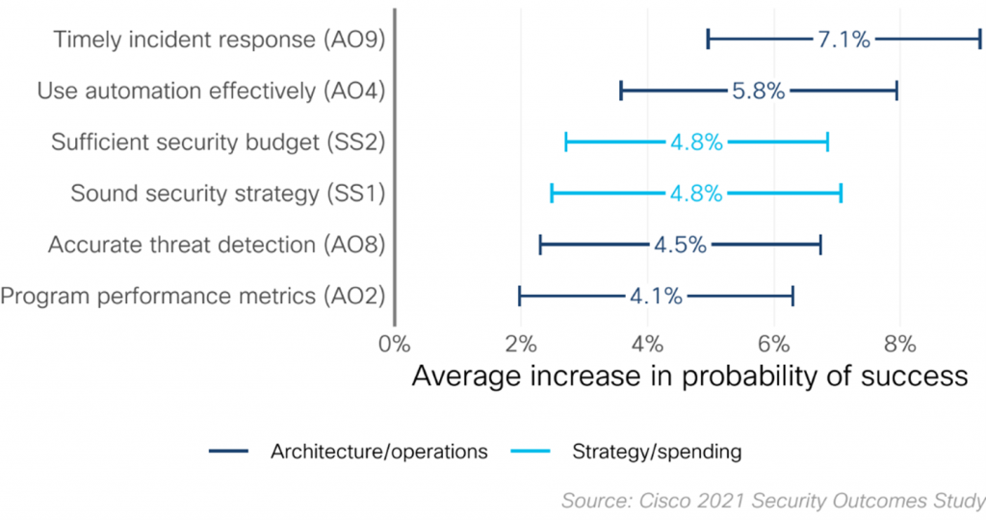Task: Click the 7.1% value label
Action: (x=843, y=39)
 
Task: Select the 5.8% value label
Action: (x=758, y=91)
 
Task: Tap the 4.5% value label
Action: (x=680, y=245)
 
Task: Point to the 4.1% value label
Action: (x=656, y=296)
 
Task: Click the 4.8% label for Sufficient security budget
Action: (x=696, y=143)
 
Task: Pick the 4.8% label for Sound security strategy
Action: (x=695, y=194)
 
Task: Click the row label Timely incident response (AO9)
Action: (x=220, y=39)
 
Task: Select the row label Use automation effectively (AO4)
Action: (x=211, y=91)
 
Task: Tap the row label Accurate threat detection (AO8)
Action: (x=217, y=245)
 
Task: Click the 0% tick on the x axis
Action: (x=395, y=343)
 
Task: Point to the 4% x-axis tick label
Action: (x=647, y=343)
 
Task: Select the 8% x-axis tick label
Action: (x=899, y=343)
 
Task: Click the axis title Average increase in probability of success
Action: (x=689, y=376)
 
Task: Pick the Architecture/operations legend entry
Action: (x=348, y=451)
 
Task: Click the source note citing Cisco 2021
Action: (x=773, y=501)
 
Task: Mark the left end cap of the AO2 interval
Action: (x=520, y=296)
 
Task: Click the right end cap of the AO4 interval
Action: (x=896, y=91)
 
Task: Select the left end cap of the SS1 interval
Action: (x=552, y=194)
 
